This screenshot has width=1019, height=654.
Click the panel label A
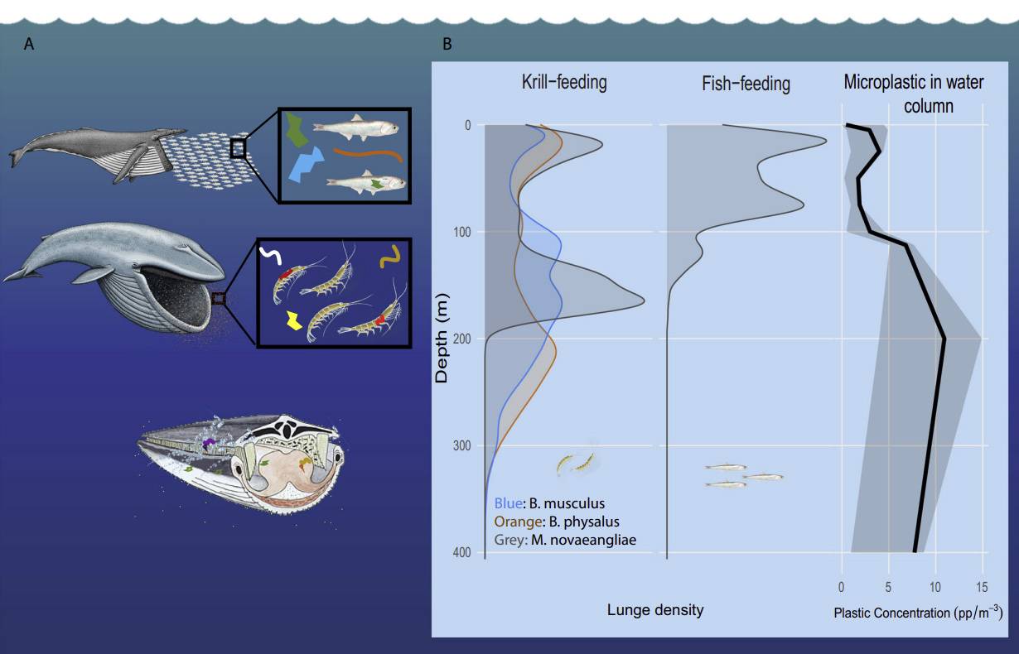tap(29, 45)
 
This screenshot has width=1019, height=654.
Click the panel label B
tap(447, 45)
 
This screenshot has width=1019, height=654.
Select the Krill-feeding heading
tap(564, 82)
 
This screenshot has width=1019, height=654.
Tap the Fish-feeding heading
tap(746, 84)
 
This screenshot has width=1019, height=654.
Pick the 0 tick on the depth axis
tap(467, 126)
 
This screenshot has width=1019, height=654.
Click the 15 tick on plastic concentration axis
tap(982, 588)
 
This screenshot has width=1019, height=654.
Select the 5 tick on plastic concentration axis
tap(888, 588)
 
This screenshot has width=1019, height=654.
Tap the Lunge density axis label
tap(655, 610)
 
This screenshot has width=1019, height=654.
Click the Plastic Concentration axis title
tap(918, 613)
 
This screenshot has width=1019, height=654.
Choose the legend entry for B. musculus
tap(549, 503)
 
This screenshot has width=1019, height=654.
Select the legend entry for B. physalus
tap(557, 522)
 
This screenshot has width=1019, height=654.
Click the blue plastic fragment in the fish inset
tap(304, 165)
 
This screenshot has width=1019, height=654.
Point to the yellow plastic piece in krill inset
tap(292, 320)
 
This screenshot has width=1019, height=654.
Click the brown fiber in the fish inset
tap(369, 153)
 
